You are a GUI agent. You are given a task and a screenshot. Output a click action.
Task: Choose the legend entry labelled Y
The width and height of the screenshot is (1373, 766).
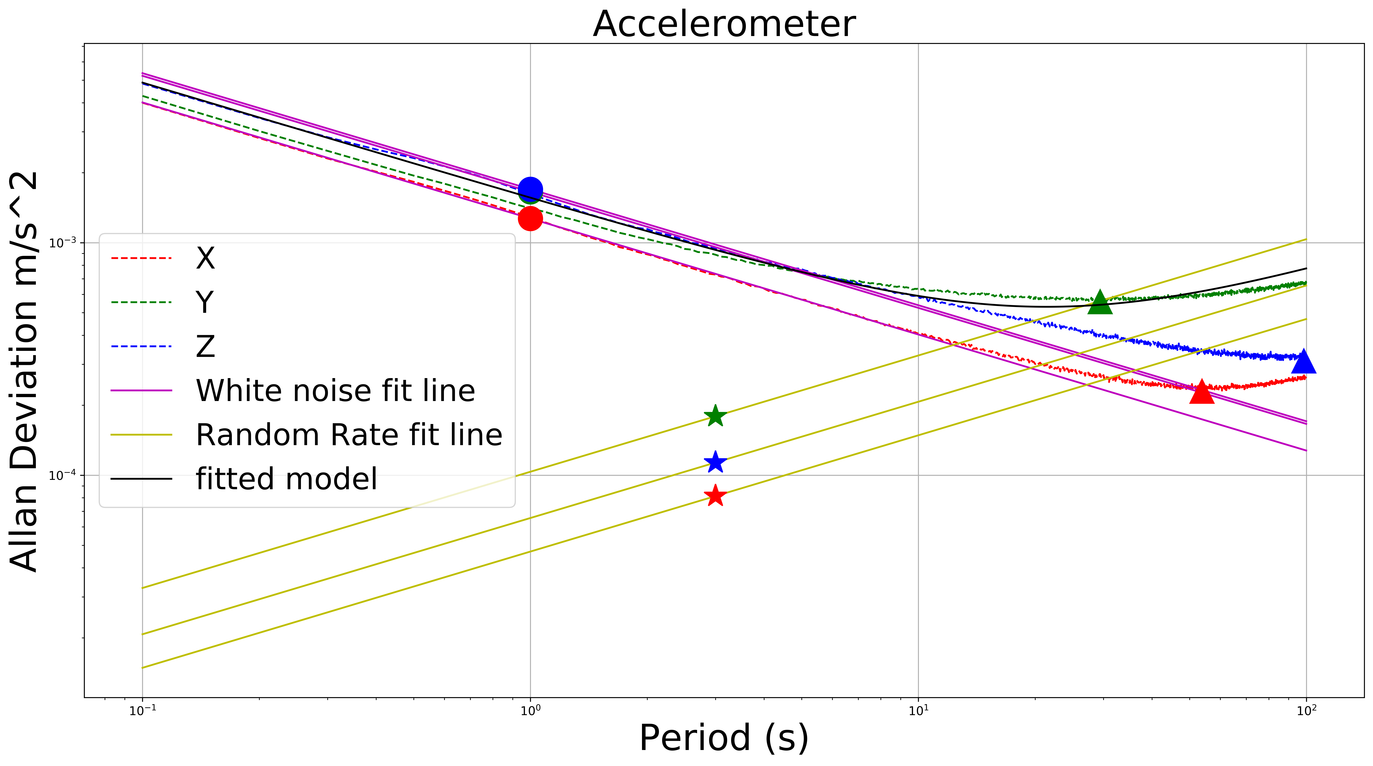click(205, 302)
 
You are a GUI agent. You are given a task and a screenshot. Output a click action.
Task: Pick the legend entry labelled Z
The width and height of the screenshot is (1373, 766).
click(205, 347)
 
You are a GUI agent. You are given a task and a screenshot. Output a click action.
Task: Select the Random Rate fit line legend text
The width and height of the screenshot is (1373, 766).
click(349, 435)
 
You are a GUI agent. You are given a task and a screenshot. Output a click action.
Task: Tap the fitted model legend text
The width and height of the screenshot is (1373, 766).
click(286, 478)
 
